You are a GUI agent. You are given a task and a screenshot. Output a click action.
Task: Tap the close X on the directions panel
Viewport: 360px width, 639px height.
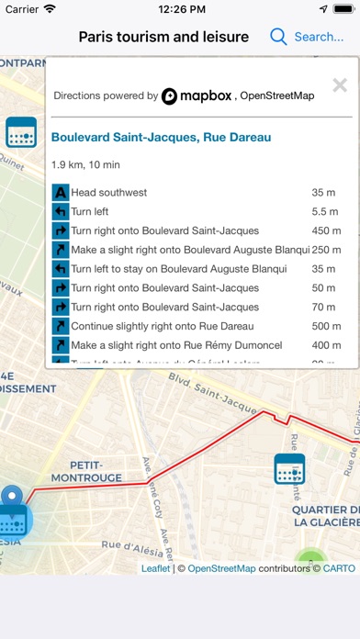coord(340,86)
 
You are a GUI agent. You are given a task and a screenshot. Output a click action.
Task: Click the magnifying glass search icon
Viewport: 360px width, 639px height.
coord(278,37)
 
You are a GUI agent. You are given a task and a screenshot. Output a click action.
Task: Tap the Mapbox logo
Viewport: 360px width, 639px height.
coord(196,95)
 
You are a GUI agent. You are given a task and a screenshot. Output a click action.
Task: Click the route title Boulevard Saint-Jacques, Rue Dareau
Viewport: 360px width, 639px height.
coord(161,138)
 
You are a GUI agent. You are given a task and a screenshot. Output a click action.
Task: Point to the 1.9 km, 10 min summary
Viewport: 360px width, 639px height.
coord(91,165)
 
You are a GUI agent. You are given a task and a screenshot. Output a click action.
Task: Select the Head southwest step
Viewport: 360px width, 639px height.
coord(108,193)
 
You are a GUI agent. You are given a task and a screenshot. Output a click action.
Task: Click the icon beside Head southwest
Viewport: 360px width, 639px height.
coord(61,193)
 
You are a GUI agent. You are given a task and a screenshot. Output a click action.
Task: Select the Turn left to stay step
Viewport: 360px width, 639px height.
coord(178,269)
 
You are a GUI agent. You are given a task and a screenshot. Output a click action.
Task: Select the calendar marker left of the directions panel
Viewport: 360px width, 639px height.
coord(20,132)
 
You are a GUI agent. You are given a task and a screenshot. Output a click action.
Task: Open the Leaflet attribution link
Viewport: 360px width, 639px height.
coord(156,568)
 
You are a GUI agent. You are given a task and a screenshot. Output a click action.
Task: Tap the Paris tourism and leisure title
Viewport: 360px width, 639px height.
coord(163,37)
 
